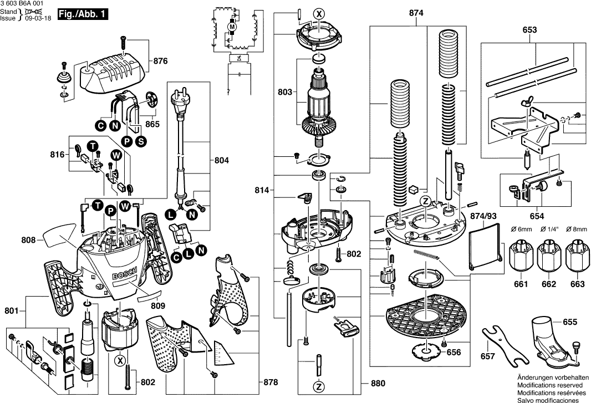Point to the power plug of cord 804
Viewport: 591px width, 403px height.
tap(180, 101)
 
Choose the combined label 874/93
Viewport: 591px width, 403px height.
tap(482, 215)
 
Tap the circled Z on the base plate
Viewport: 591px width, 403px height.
tap(425, 201)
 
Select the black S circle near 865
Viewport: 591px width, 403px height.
tap(141, 141)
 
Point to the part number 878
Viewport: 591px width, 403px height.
tap(270, 382)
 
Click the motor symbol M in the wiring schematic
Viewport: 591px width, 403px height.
tap(233, 27)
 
